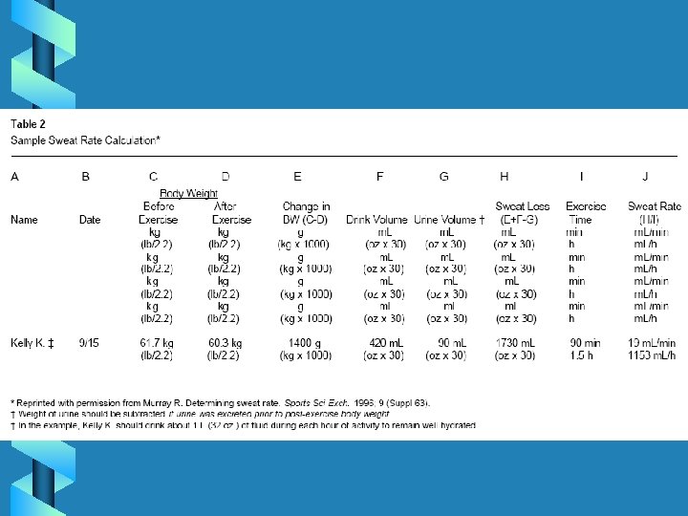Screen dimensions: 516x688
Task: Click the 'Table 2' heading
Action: point(28,124)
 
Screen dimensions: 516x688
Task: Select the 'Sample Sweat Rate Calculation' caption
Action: point(85,140)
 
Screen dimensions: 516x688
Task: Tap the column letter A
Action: point(14,176)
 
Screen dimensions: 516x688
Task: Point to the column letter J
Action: point(645,176)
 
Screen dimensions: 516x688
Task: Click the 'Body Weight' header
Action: point(188,193)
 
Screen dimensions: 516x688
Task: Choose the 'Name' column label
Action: point(24,220)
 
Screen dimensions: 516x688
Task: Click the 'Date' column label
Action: point(90,220)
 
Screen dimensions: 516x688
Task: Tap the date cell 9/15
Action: point(89,343)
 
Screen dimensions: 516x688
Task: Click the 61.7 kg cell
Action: point(157,343)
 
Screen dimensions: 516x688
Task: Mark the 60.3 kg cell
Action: point(225,343)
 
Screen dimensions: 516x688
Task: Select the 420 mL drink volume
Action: point(386,343)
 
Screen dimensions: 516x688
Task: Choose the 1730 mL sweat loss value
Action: point(514,343)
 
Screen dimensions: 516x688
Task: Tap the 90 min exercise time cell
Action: point(582,343)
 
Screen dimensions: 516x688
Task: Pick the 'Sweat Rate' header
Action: point(654,206)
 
